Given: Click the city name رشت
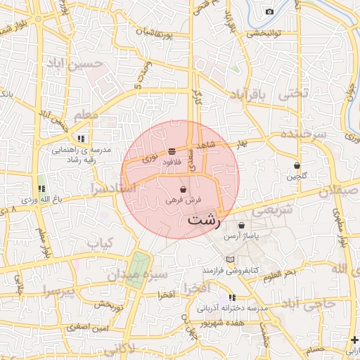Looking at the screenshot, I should [x=204, y=221].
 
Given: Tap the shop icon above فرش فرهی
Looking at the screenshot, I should [x=184, y=189].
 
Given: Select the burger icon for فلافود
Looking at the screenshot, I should [x=172, y=152].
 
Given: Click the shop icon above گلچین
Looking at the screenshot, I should [x=297, y=166].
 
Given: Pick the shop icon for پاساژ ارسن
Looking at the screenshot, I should [x=242, y=226].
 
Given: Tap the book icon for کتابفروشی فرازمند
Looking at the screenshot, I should [x=231, y=260].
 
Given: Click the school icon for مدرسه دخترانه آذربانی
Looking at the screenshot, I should [x=232, y=298].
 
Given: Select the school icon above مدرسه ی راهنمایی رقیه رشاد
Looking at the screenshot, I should [x=82, y=139].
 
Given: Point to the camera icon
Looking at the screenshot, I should [x=269, y=11].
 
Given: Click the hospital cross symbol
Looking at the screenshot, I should [x=354, y=340].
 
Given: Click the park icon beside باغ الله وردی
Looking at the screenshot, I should [x=41, y=188].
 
